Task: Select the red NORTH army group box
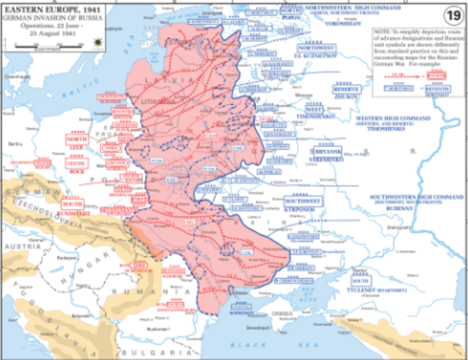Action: pyautogui.click(x=76, y=139)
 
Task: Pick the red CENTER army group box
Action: pyautogui.click(x=76, y=163)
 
